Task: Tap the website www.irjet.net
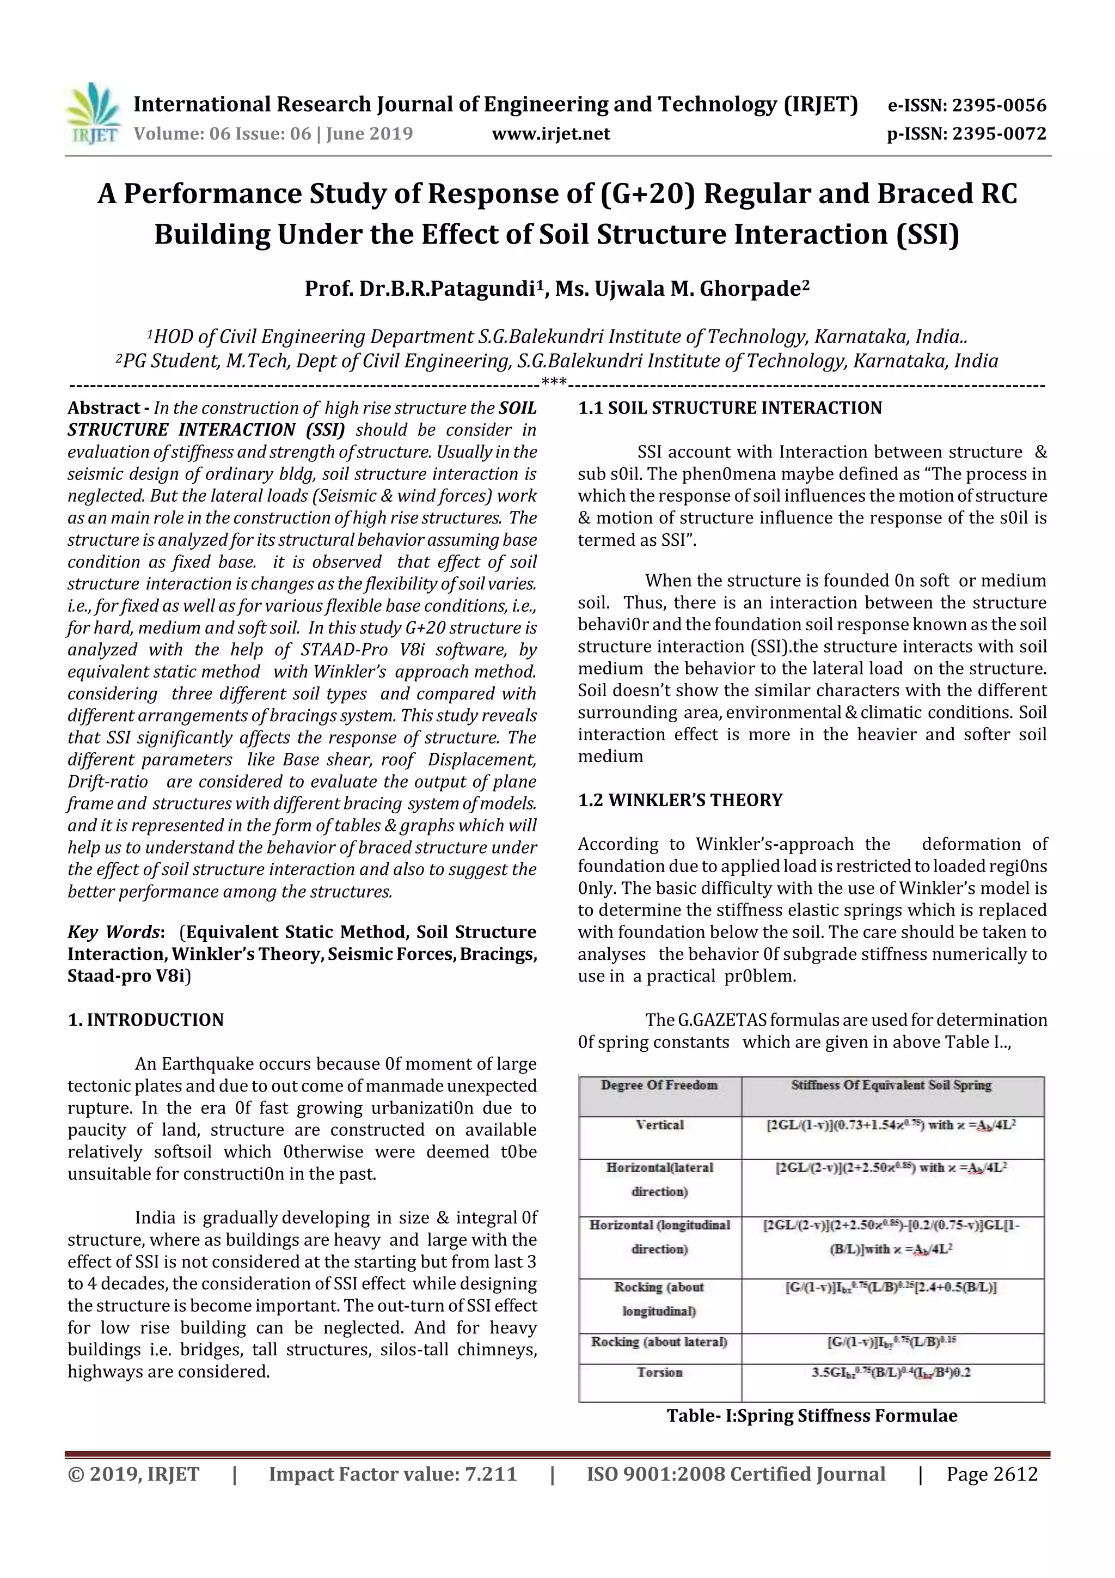click(551, 133)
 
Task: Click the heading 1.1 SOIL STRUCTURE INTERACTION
click(730, 407)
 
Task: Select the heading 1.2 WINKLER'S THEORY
click(680, 800)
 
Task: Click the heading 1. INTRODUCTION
click(146, 1020)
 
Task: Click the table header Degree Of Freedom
click(659, 1085)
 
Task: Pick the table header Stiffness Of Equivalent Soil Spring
click(891, 1085)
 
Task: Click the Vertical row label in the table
click(659, 1125)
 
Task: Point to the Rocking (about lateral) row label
click(659, 1342)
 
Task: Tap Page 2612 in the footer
click(991, 1474)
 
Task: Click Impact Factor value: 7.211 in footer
click(393, 1474)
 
